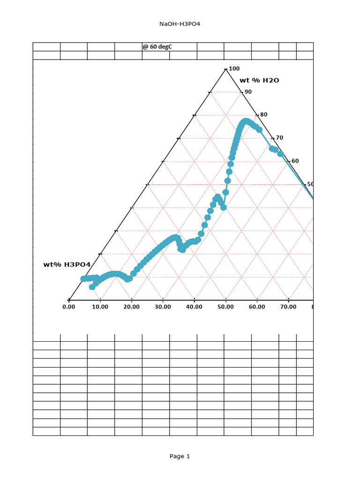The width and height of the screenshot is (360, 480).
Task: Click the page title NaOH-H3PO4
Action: (x=180, y=24)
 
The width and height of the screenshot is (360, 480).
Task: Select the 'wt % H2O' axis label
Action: (x=259, y=80)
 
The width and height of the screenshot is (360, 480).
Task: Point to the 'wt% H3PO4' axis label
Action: (x=67, y=265)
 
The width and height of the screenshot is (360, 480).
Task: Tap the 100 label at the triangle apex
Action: (x=234, y=69)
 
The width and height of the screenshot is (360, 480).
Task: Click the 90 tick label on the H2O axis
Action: (x=248, y=92)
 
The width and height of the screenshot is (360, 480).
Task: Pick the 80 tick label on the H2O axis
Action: (x=264, y=115)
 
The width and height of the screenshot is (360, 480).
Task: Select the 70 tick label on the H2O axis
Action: (x=279, y=138)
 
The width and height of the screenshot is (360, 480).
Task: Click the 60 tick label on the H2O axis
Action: (x=295, y=161)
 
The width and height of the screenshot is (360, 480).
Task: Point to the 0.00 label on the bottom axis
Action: (x=69, y=307)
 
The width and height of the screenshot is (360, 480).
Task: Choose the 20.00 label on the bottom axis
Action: (x=132, y=307)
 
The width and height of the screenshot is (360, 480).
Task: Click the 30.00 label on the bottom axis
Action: (x=163, y=307)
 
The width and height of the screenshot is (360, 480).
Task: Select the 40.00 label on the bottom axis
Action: (x=194, y=307)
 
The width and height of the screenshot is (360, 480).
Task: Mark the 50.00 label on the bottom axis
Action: (x=225, y=307)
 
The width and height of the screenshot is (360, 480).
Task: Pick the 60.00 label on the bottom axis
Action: (x=257, y=307)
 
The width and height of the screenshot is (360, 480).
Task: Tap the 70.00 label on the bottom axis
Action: (x=288, y=307)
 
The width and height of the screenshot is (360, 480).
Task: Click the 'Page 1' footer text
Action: (x=180, y=456)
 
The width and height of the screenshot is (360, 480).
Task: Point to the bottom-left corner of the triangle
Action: (x=69, y=300)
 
